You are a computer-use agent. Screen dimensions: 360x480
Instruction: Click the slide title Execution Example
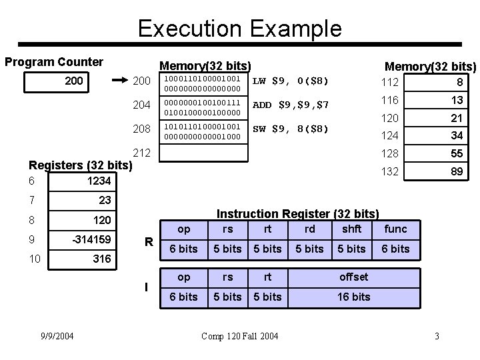pyautogui.click(x=239, y=29)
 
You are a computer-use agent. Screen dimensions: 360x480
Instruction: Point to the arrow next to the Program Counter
pyautogui.click(x=118, y=80)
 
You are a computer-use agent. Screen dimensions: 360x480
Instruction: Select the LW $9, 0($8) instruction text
pyautogui.click(x=290, y=81)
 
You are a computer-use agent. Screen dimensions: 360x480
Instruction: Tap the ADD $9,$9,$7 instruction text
pyautogui.click(x=291, y=105)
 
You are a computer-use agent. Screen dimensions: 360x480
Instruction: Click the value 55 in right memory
pyautogui.click(x=456, y=153)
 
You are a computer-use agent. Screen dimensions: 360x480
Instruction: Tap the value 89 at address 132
pyautogui.click(x=456, y=171)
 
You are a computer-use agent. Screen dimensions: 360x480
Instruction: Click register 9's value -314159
pyautogui.click(x=91, y=239)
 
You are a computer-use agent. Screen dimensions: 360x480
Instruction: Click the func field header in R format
pyautogui.click(x=396, y=229)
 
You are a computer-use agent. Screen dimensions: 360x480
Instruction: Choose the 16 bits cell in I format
pyautogui.click(x=353, y=297)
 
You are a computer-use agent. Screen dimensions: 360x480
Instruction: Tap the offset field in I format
pyautogui.click(x=353, y=277)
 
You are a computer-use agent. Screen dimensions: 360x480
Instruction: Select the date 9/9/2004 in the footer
pyautogui.click(x=57, y=335)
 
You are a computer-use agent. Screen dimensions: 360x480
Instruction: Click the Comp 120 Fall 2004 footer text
pyautogui.click(x=241, y=335)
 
